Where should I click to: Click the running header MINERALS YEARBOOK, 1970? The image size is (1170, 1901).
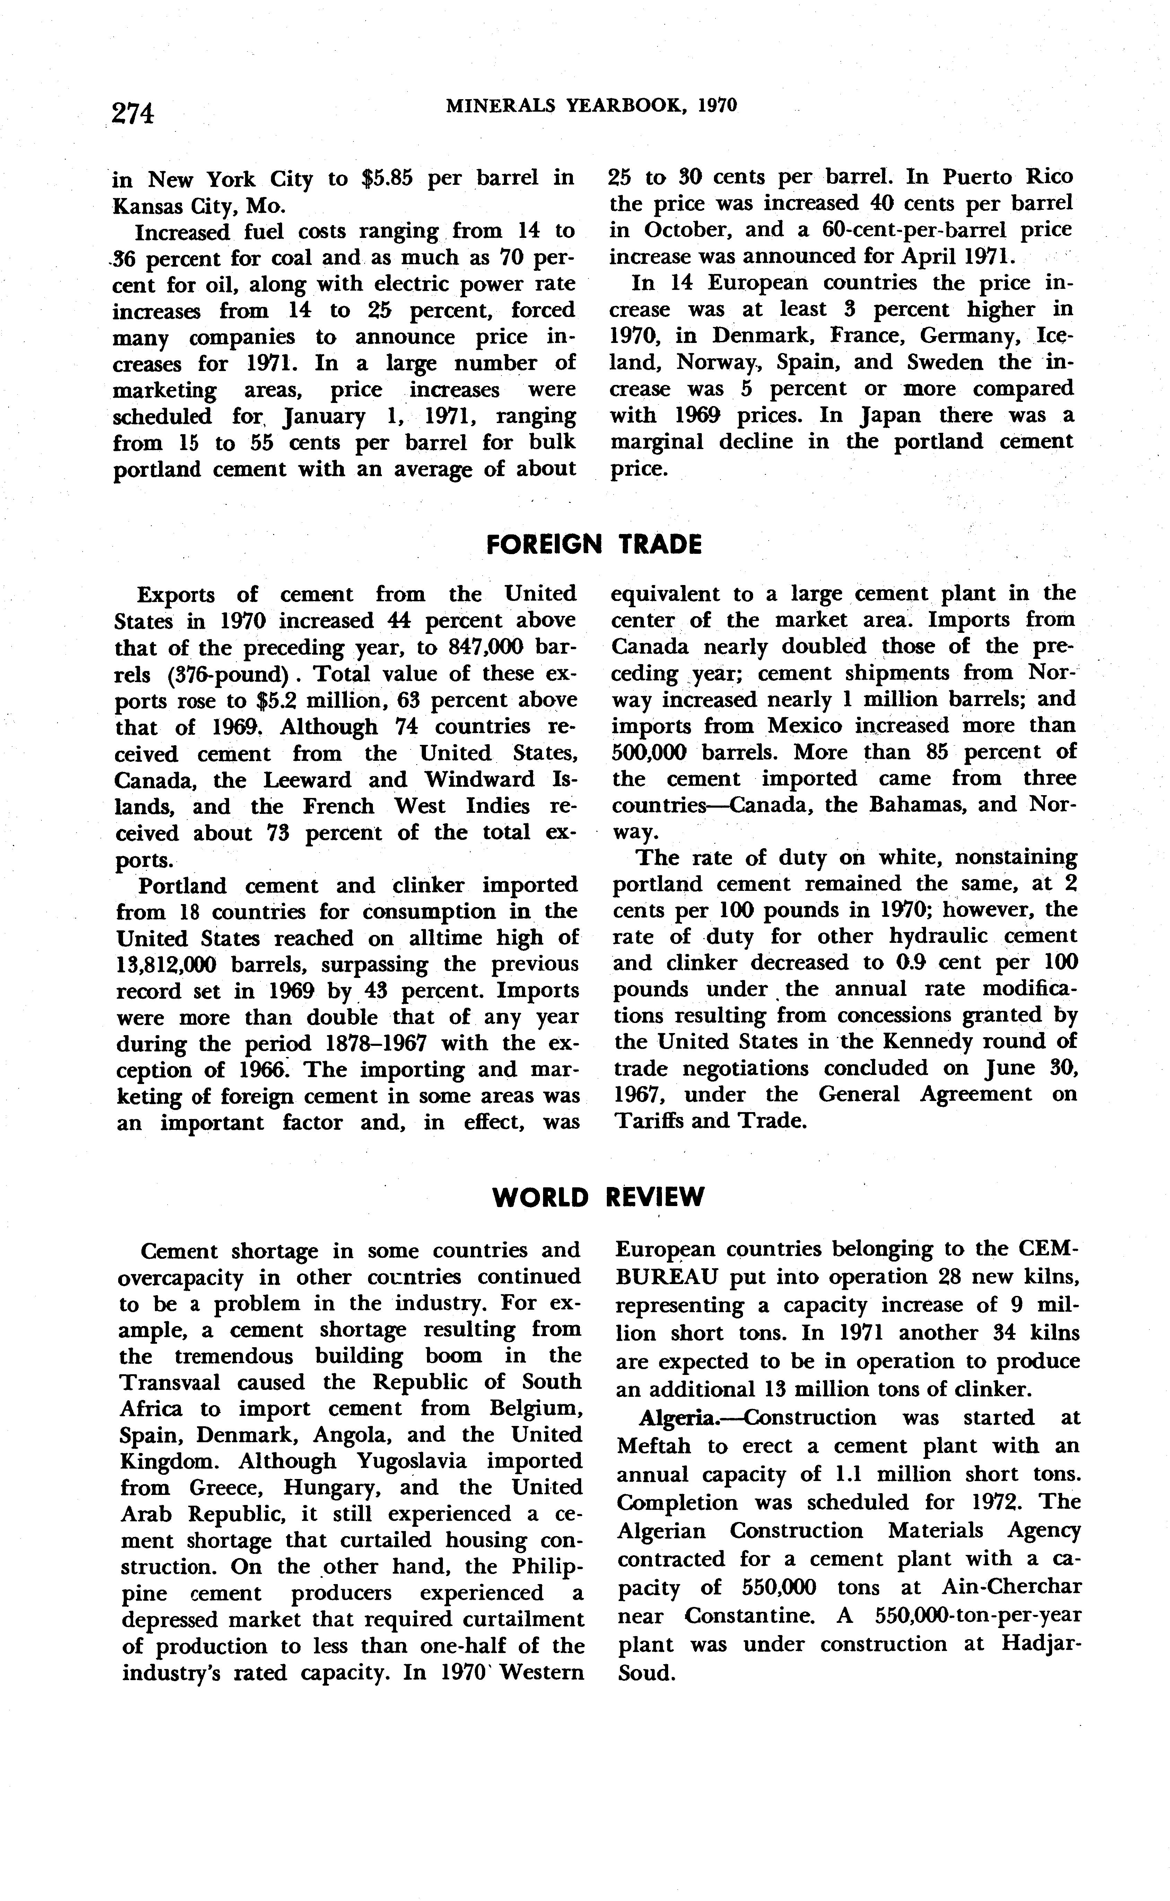point(591,105)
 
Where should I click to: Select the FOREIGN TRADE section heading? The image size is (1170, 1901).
point(594,545)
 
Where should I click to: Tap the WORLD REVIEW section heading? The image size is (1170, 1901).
point(598,1197)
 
